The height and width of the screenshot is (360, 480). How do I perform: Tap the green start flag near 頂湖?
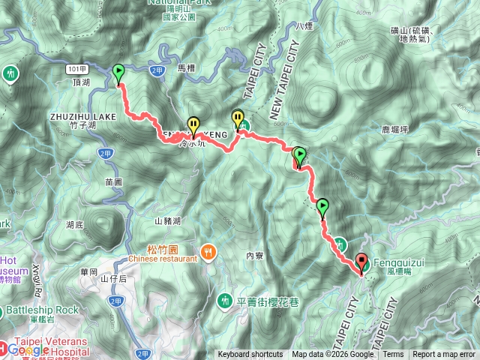118,73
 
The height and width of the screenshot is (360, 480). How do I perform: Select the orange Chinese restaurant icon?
208,253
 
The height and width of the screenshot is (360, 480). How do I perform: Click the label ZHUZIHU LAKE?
83,117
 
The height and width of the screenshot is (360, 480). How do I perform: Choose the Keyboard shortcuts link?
250,355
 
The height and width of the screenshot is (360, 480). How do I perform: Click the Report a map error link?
444,355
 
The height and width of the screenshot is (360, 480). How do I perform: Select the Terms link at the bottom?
393,355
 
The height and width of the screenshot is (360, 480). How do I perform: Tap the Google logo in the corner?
28,349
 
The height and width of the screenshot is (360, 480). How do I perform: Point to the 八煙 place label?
304,26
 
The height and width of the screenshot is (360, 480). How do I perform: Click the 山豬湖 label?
168,220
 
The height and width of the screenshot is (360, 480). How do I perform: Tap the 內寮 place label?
256,256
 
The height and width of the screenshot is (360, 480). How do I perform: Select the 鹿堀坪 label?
394,129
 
